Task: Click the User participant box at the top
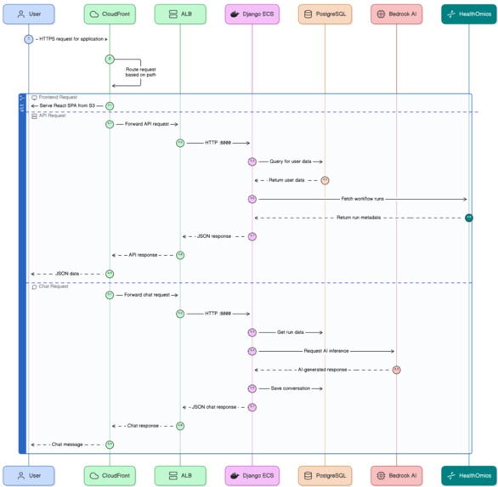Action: pyautogui.click(x=28, y=14)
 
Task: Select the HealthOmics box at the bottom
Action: pyautogui.click(x=468, y=475)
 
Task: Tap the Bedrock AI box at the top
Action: pyautogui.click(x=396, y=14)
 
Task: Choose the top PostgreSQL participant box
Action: pyautogui.click(x=325, y=14)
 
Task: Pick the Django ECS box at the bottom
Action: pyautogui.click(x=252, y=475)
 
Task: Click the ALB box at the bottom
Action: pyautogui.click(x=180, y=475)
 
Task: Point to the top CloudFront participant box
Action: pyautogui.click(x=109, y=14)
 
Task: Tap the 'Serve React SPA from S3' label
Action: pyautogui.click(x=68, y=105)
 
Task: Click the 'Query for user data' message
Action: pyautogui.click(x=289, y=161)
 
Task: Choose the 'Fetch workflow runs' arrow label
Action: pyautogui.click(x=362, y=199)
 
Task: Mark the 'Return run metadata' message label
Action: pyautogui.click(x=360, y=218)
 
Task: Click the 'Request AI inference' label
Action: pyautogui.click(x=325, y=351)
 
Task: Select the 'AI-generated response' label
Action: pyautogui.click(x=323, y=370)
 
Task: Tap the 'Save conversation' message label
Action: pyautogui.click(x=291, y=388)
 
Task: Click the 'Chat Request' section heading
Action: pyautogui.click(x=54, y=286)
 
